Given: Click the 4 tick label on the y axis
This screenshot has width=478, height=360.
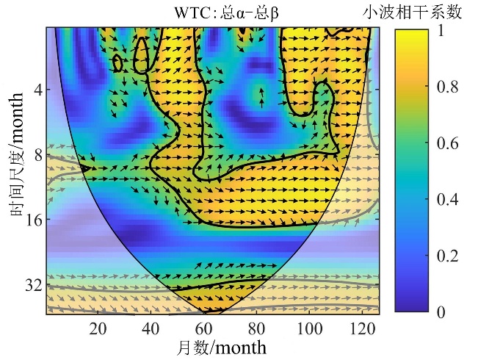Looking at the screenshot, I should click(x=37, y=90).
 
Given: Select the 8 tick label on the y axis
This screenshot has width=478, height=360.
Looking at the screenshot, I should click(x=37, y=155).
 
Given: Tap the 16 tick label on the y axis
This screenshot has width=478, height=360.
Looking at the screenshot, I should click(x=33, y=220).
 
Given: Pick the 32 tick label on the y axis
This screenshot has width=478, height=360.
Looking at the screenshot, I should click(x=33, y=284).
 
